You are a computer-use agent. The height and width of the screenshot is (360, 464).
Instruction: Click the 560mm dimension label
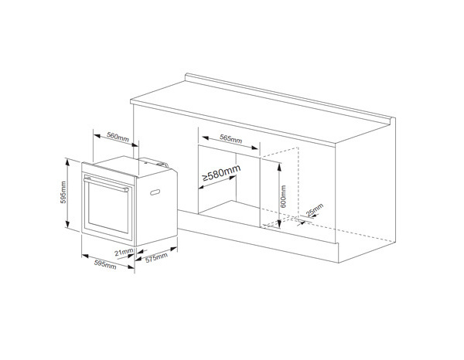118,137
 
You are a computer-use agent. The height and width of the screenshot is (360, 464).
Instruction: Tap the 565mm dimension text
230,138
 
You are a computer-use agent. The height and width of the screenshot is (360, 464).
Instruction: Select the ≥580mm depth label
221,173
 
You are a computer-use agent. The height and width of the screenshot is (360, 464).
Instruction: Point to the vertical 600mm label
283,196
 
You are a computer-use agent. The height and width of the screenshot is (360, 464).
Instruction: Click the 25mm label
314,209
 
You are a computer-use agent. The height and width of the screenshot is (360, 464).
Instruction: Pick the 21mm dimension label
124,253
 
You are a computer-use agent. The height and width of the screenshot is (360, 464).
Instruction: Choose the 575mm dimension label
156,258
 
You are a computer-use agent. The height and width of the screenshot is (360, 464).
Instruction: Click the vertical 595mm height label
63,192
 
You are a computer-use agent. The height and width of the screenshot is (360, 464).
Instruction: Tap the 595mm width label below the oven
105,264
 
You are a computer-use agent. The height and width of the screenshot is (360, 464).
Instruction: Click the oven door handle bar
106,184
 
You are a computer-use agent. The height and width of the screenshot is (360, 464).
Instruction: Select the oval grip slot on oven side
155,192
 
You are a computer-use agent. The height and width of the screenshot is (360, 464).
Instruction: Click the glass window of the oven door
108,208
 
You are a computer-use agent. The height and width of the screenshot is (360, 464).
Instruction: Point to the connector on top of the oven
162,164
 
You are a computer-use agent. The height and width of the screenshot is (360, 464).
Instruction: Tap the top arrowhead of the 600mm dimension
278,165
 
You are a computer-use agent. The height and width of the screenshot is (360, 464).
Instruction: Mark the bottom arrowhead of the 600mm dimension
278,225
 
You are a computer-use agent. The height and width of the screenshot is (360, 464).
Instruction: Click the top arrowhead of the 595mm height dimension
67,161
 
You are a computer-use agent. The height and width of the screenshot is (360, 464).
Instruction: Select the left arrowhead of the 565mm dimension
206,138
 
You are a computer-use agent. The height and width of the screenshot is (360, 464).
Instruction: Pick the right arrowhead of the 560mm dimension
135,144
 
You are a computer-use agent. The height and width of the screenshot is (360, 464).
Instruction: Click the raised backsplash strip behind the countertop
290,97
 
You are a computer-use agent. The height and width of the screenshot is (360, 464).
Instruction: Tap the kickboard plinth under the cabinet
258,236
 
